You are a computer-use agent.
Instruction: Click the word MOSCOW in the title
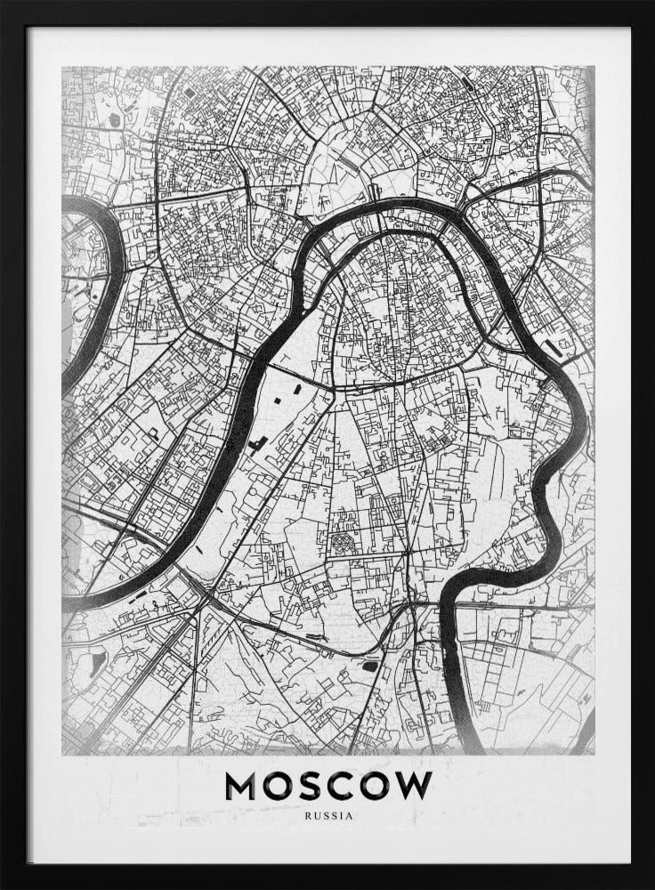pyautogui.click(x=328, y=785)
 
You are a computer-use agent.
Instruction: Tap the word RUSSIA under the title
pyautogui.click(x=328, y=814)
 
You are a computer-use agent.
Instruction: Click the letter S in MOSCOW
pyautogui.click(x=308, y=785)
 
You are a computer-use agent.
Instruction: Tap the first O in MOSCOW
pyautogui.click(x=277, y=785)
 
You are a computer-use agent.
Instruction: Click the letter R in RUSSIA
pyautogui.click(x=306, y=814)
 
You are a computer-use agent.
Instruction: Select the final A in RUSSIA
pyautogui.click(x=351, y=814)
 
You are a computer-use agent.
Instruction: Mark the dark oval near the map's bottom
pyautogui.click(x=369, y=664)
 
